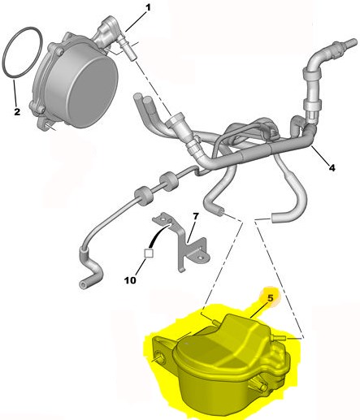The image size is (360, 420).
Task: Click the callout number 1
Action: (148, 7)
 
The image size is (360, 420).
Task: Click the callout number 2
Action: (17, 111)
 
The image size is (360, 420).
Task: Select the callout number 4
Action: (332, 168)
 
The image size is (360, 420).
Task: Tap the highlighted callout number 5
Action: (271, 298)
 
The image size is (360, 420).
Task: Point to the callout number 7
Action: (196, 216)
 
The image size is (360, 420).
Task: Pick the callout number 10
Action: (130, 280)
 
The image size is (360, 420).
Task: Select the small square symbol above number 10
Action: (149, 253)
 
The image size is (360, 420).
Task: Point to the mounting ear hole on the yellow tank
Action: (158, 354)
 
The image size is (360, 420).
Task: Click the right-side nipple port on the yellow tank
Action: (279, 337)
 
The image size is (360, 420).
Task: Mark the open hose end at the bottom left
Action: (83, 284)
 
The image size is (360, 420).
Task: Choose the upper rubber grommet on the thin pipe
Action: (168, 180)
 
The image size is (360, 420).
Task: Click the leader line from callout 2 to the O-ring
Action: (15, 93)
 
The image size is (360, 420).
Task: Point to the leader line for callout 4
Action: (320, 154)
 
